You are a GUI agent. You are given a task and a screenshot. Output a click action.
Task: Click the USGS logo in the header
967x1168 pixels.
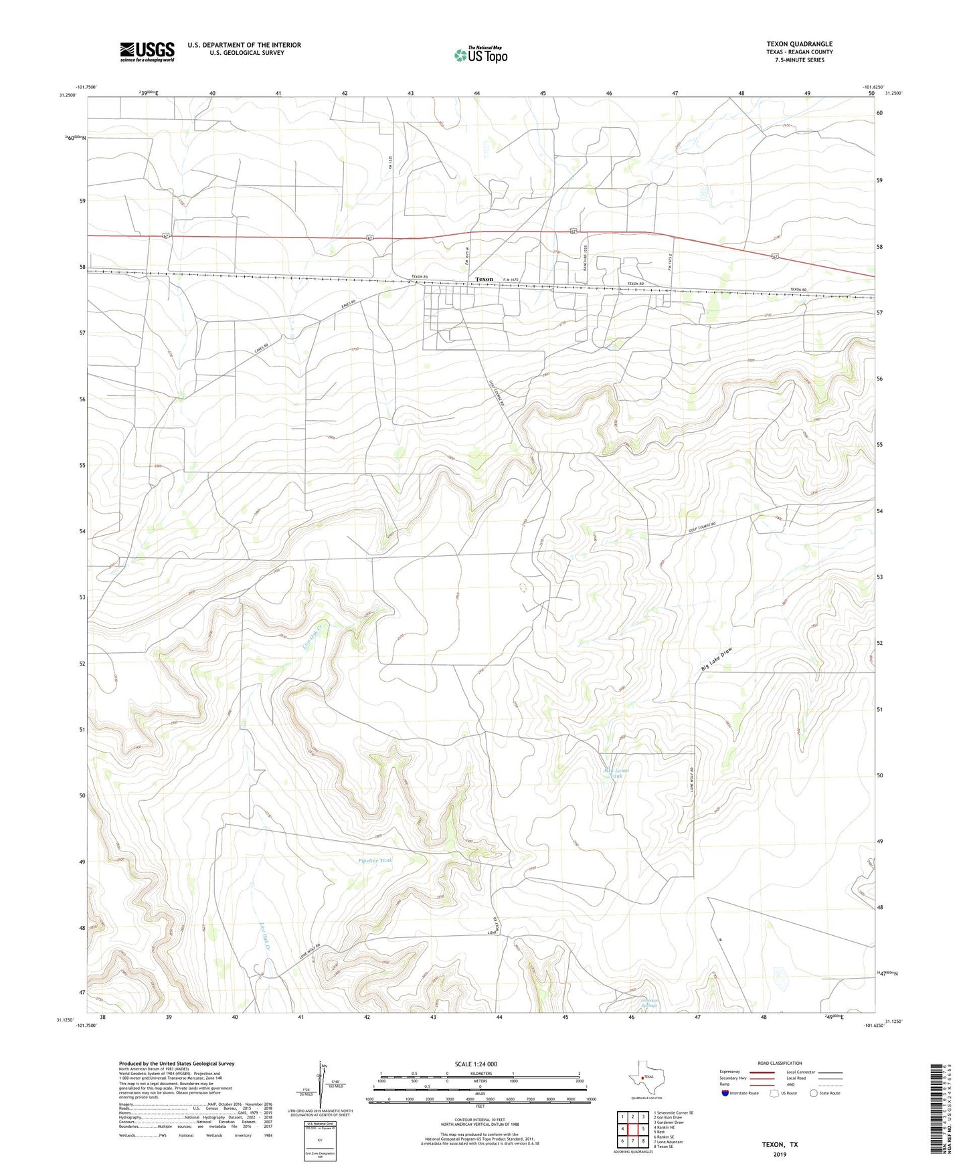pyautogui.click(x=147, y=52)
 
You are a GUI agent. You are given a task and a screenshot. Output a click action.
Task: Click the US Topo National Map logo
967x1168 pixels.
pyautogui.click(x=480, y=55)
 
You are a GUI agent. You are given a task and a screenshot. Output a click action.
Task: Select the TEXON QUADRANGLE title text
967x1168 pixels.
pyautogui.click(x=799, y=44)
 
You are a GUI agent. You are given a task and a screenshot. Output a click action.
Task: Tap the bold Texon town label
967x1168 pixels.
pyautogui.click(x=484, y=279)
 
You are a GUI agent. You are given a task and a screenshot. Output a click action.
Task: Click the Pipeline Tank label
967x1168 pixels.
pyautogui.click(x=375, y=860)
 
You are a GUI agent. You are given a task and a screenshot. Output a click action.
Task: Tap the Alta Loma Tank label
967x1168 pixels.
pyautogui.click(x=616, y=773)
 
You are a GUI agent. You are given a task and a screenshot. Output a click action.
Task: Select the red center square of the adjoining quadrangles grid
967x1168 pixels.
pyautogui.click(x=632, y=1129)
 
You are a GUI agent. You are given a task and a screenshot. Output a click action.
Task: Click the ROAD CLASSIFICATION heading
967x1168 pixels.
pyautogui.click(x=780, y=1064)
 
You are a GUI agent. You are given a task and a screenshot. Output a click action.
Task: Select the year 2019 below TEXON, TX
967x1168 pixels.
pyautogui.click(x=780, y=1155)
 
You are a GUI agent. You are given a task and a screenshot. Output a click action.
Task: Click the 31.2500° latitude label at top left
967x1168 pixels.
pyautogui.click(x=68, y=95)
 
